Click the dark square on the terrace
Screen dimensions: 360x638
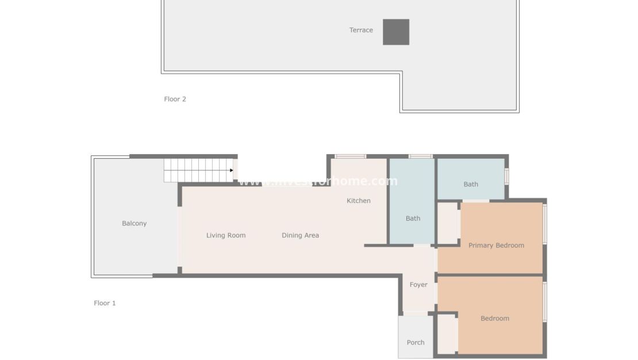[396, 32]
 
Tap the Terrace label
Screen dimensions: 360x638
[361, 30]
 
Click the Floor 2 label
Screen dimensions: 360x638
[175, 99]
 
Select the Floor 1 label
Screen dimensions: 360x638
[105, 303]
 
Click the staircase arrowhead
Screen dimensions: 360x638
[231, 170]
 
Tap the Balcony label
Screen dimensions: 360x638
[134, 223]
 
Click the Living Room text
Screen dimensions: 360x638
[226, 235]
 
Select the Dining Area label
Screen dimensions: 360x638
[300, 235]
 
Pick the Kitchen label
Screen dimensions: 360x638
[358, 201]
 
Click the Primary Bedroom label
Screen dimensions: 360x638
[496, 245]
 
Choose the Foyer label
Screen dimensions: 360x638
[418, 285]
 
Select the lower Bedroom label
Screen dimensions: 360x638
[494, 318]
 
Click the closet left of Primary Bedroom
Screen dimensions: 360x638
[447, 223]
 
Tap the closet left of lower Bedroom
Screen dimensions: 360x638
[447, 334]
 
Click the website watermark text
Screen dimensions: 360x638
[318, 181]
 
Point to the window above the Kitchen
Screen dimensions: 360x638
[350, 156]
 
